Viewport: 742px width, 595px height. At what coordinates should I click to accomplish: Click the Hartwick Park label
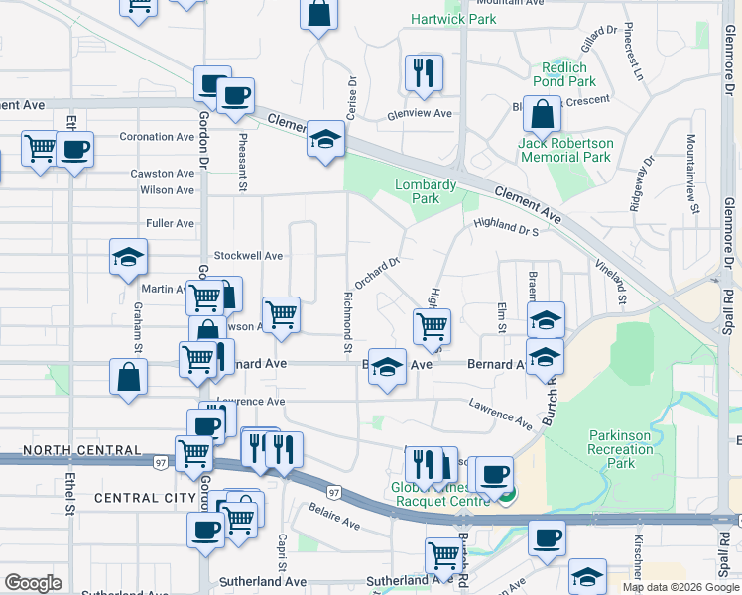pyautogui.click(x=453, y=19)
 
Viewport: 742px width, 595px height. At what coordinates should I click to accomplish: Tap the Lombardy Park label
pyautogui.click(x=426, y=191)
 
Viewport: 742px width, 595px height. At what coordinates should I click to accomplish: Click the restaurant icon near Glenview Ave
pyautogui.click(x=424, y=73)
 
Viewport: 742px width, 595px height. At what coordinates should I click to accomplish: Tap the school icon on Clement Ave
pyautogui.click(x=324, y=140)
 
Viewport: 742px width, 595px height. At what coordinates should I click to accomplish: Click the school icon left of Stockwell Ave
pyautogui.click(x=127, y=257)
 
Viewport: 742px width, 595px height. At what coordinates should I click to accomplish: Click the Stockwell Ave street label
pyautogui.click(x=248, y=256)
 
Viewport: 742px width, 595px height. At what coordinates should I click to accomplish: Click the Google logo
pyautogui.click(x=33, y=583)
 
